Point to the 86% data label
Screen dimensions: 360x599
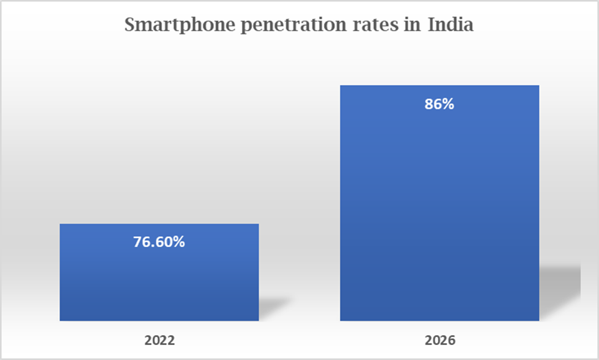[x=439, y=104]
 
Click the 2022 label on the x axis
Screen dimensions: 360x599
[x=159, y=341]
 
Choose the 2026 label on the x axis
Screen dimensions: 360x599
[x=440, y=341]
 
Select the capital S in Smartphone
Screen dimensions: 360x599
[x=130, y=26]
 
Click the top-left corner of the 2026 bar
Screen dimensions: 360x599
[x=341, y=86]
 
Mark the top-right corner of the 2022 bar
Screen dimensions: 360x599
[x=258, y=224]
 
